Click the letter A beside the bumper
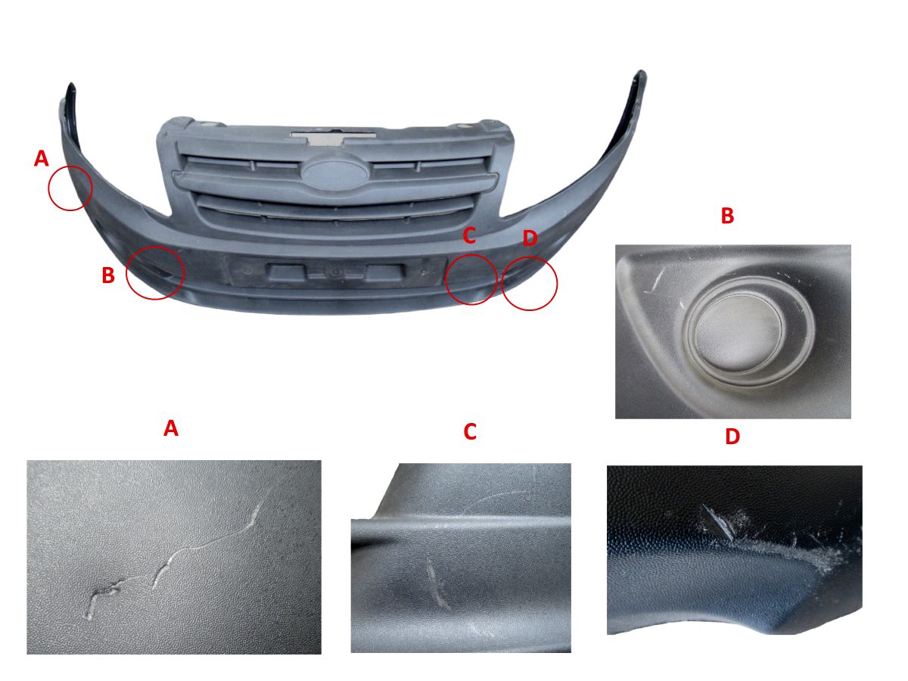pos(41,158)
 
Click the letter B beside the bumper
pos(108,275)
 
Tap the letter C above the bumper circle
pos(468,235)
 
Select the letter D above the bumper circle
pos(530,238)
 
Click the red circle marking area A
pos(49,188)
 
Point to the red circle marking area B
pos(126,273)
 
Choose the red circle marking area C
pos(446,279)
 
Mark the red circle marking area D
pos(502,284)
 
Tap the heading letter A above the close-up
pos(171,428)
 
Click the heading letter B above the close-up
pos(727,216)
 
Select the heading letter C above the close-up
pos(470,431)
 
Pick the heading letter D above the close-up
pos(732,437)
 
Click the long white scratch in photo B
pos(658,279)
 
